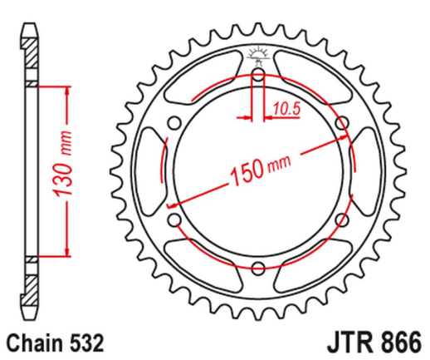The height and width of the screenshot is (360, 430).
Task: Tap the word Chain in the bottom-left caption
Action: point(33,342)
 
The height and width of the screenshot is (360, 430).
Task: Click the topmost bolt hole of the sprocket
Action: point(257,76)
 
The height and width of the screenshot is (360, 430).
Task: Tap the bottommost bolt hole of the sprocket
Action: point(257,268)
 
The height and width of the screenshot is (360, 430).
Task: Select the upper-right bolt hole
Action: point(341,124)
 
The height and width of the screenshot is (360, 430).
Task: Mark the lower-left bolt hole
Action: point(174,220)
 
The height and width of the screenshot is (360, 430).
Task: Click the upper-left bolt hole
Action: point(174,124)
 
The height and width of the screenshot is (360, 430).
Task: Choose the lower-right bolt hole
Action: point(341,220)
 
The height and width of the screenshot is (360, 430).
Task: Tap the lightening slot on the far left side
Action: point(149,172)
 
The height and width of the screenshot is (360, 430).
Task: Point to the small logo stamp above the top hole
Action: point(257,58)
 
